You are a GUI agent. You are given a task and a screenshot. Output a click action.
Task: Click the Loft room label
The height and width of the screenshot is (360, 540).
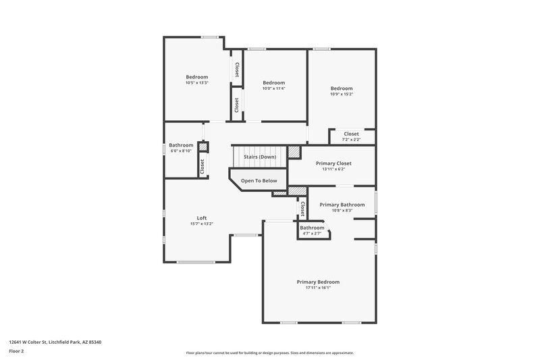point(201,217)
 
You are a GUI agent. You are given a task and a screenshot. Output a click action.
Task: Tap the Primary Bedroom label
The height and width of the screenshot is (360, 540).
point(318,282)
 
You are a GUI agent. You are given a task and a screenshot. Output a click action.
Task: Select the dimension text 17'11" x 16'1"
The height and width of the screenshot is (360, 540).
point(318,288)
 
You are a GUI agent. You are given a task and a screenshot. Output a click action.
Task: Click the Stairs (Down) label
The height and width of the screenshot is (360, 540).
point(259,157)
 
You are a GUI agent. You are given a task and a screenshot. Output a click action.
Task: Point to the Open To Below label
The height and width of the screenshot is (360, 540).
point(259,181)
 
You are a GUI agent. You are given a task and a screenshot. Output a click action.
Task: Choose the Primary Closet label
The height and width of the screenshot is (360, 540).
point(333,163)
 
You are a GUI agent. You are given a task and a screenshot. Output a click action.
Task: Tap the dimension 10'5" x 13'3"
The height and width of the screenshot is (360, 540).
point(197,83)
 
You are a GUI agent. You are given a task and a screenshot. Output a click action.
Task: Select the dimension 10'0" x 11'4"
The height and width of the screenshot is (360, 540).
point(273,88)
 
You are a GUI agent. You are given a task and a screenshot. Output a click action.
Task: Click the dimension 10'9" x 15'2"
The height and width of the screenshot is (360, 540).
point(342,94)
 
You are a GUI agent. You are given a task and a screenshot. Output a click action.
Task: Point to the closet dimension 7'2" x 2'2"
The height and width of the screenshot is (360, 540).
point(352,140)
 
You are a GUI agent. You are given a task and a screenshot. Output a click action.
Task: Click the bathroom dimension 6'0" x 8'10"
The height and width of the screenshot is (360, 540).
point(181,151)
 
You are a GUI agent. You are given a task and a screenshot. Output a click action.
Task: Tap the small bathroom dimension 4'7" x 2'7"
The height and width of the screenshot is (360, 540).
point(313,234)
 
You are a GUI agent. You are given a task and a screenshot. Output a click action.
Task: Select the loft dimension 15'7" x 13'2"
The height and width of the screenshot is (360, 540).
point(201,224)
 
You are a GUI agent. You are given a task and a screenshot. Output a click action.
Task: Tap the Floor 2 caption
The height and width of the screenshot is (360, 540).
point(16,351)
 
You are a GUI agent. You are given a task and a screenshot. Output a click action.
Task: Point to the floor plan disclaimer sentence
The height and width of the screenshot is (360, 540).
point(269,353)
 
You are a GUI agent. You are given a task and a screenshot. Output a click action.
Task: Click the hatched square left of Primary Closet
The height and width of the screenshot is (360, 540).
point(294,152)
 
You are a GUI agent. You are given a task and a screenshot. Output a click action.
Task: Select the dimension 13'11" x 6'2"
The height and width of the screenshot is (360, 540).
point(333,170)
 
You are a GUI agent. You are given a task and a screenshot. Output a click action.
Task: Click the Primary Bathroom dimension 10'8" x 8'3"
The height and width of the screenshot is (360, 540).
point(342,211)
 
